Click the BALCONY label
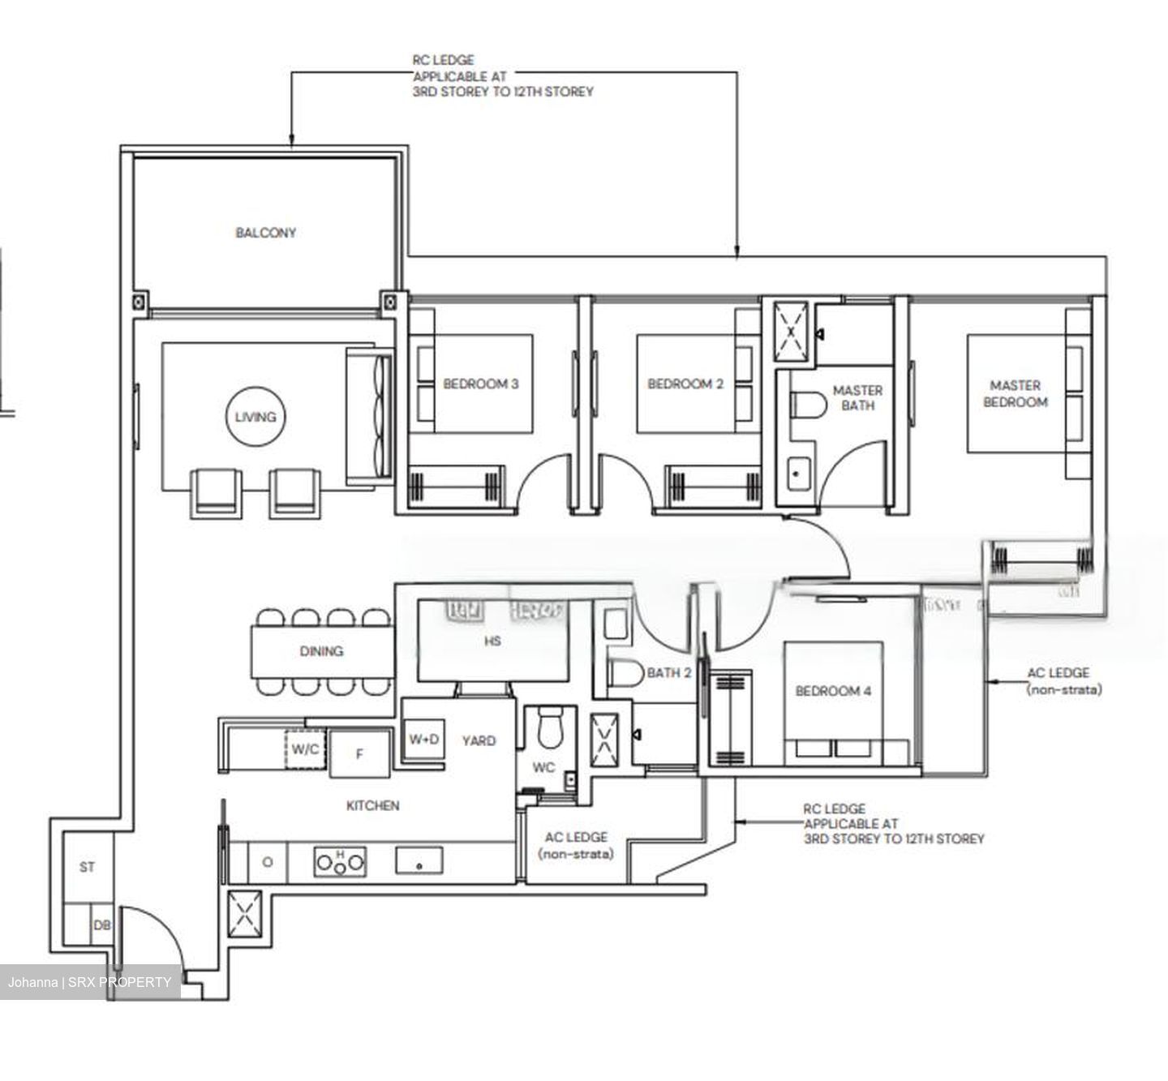[x=265, y=233]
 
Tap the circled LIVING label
[x=255, y=417]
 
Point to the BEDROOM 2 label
[x=685, y=384]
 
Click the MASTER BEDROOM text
[x=1015, y=393]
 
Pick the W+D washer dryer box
[x=423, y=740]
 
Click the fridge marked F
[x=359, y=754]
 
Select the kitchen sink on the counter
[x=419, y=861]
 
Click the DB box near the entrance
[x=101, y=925]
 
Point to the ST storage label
[x=87, y=867]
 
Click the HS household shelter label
[x=492, y=641]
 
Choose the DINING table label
[x=321, y=651]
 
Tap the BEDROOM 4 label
[x=833, y=691]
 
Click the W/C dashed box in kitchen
[x=306, y=749]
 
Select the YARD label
[x=479, y=740]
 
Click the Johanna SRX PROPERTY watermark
[x=89, y=982]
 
